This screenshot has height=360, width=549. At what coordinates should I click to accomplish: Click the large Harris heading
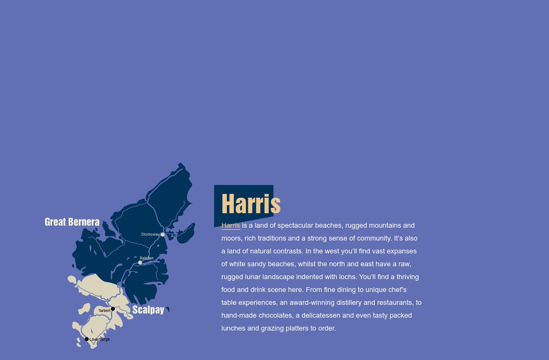click(x=251, y=204)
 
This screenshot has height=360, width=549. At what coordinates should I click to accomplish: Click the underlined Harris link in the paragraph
click(x=231, y=226)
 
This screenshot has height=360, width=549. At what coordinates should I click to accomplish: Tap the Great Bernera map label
click(x=72, y=222)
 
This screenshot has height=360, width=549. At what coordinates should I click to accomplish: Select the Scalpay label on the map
click(x=148, y=310)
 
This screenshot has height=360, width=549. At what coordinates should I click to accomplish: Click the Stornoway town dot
click(x=162, y=235)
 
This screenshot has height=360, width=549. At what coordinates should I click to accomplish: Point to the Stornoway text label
click(x=150, y=234)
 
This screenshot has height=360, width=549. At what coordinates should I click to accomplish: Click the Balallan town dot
click(x=140, y=262)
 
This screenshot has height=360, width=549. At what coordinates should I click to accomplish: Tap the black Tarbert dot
click(x=113, y=309)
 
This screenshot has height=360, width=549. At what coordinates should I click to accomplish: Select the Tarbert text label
click(x=104, y=311)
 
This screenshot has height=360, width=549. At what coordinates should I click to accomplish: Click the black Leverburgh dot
click(x=87, y=339)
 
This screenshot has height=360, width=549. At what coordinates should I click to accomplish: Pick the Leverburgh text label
click(x=100, y=340)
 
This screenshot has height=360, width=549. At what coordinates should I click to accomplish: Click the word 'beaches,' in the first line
click(x=328, y=226)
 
